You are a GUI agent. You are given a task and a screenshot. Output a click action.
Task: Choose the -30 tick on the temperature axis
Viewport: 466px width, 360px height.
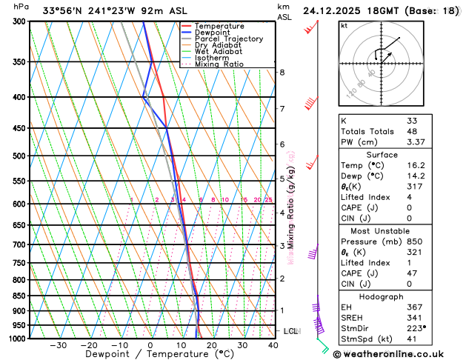click(58, 345)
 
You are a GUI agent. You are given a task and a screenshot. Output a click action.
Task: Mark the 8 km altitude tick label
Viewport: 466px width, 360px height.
click(282, 72)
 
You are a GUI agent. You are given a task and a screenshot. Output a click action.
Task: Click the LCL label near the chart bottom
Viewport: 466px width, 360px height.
click(290, 331)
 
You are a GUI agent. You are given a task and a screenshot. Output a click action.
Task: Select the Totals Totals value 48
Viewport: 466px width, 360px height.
click(412, 131)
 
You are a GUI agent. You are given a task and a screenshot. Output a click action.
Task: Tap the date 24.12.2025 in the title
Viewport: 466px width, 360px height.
click(336, 10)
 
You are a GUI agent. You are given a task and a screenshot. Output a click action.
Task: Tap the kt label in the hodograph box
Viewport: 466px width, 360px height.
click(344, 25)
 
